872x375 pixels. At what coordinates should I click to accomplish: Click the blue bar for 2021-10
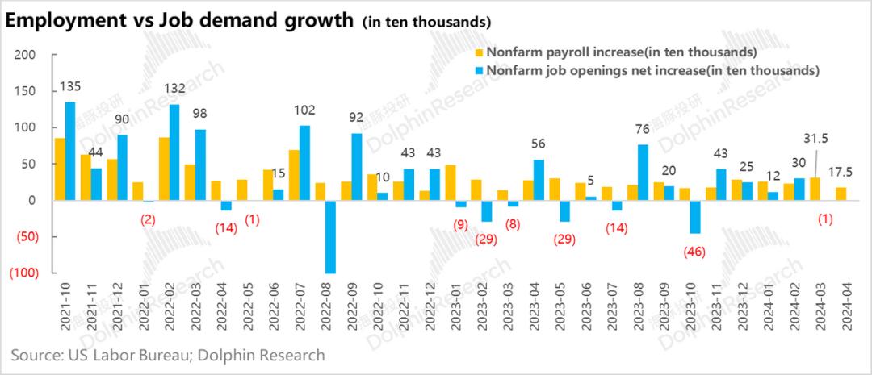[70, 151]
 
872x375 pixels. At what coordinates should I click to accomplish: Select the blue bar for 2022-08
[331, 236]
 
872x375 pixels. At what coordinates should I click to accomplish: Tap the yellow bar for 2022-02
[164, 169]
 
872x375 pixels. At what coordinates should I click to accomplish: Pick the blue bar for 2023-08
[643, 172]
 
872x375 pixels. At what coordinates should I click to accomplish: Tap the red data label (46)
[693, 251]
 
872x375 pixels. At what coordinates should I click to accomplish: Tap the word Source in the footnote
[34, 355]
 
